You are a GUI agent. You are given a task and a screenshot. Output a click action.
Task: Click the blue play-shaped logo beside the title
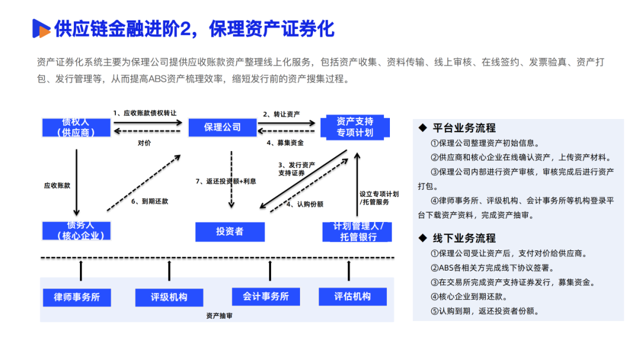(41, 28)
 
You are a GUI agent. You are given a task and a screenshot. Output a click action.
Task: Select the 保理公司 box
(222, 127)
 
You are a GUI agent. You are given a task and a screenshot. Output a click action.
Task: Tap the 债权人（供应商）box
(76, 127)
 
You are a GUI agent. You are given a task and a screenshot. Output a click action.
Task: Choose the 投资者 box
(230, 232)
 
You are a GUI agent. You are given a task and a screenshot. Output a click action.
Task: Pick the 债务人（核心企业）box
(76, 231)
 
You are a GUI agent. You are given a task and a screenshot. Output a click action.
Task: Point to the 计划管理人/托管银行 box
(357, 232)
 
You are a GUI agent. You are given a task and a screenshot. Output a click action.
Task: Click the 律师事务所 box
(76, 297)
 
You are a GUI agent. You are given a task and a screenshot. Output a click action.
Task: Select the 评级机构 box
(169, 297)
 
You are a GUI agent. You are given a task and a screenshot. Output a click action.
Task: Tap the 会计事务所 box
(266, 297)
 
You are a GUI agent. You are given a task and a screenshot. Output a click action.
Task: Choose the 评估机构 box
(353, 297)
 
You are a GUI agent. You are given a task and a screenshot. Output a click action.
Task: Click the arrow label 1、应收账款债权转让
(146, 112)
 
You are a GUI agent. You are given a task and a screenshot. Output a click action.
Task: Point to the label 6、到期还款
(150, 201)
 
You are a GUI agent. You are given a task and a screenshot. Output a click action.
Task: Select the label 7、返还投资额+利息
(226, 181)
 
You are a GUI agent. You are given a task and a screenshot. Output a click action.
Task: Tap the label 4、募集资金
(285, 143)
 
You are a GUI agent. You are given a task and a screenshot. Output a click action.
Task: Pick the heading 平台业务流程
(464, 128)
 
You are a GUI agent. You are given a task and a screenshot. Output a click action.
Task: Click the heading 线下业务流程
(464, 238)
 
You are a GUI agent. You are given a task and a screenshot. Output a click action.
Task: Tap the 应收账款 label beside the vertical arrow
(57, 185)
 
